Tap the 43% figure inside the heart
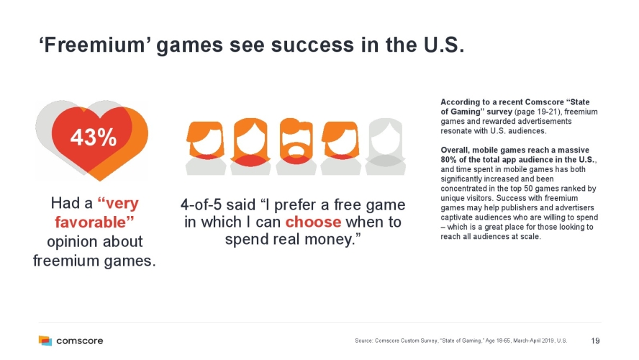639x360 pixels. (x=94, y=137)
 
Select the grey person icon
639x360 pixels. (x=385, y=147)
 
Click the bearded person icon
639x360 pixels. (x=296, y=147)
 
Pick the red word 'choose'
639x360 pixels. (x=313, y=222)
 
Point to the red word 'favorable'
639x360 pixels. (x=94, y=222)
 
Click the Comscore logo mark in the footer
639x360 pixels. (x=45, y=341)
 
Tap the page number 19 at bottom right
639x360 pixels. (x=595, y=341)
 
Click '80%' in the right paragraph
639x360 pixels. (x=449, y=160)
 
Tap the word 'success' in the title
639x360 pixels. (x=312, y=45)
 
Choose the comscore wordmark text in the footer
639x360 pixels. (x=79, y=341)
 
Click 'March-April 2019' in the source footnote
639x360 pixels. (x=531, y=341)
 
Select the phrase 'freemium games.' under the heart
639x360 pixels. (x=94, y=261)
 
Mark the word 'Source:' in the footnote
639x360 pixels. (x=364, y=341)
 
